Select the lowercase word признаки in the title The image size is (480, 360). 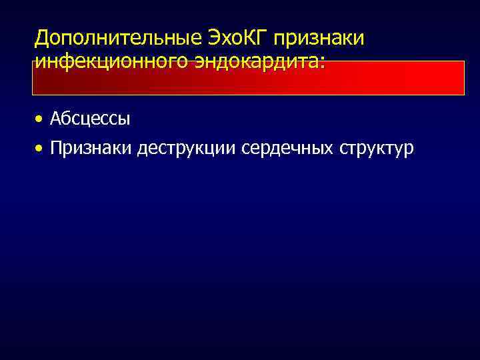(325, 38)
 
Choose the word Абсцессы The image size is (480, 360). (89, 119)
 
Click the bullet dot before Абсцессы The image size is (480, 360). (41, 120)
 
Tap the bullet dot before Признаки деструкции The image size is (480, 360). (41, 148)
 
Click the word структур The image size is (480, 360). (377, 148)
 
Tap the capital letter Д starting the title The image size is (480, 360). (42, 38)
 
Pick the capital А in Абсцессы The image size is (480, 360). (55, 119)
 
